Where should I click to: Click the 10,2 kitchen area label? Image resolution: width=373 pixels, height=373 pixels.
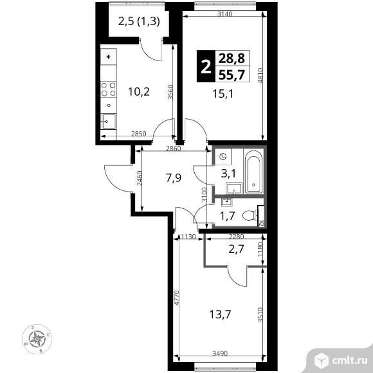click(139, 92)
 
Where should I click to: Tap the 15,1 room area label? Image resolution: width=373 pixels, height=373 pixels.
click(223, 94)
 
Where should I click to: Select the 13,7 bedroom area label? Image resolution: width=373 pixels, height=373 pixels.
click(220, 314)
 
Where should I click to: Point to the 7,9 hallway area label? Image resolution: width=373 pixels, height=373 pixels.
click(174, 177)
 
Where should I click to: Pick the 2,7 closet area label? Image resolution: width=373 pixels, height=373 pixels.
click(237, 250)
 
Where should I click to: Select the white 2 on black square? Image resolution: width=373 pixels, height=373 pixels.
click(206, 67)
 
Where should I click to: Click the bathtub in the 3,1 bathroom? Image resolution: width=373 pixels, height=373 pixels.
click(253, 172)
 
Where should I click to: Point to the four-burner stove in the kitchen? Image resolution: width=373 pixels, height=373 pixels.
click(109, 89)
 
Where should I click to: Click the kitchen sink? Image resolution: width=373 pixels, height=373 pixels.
click(109, 122)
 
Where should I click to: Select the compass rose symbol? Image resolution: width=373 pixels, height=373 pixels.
click(37, 339)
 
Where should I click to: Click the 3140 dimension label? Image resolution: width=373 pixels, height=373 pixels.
click(225, 14)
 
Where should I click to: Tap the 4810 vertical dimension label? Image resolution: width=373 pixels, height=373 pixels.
click(260, 75)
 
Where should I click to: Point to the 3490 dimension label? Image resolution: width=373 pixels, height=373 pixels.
click(220, 353)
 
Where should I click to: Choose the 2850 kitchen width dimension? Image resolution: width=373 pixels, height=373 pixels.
click(138, 134)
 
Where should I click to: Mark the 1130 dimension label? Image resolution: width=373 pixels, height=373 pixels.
click(188, 237)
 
